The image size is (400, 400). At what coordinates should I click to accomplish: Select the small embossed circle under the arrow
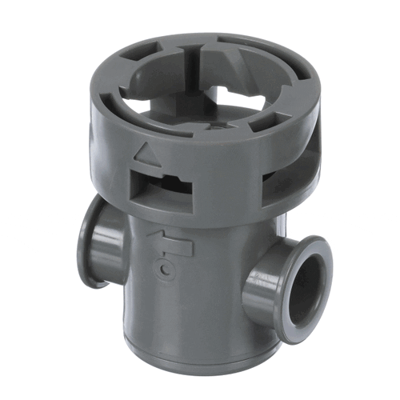164,270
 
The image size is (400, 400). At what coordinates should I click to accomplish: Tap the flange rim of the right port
324,264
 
